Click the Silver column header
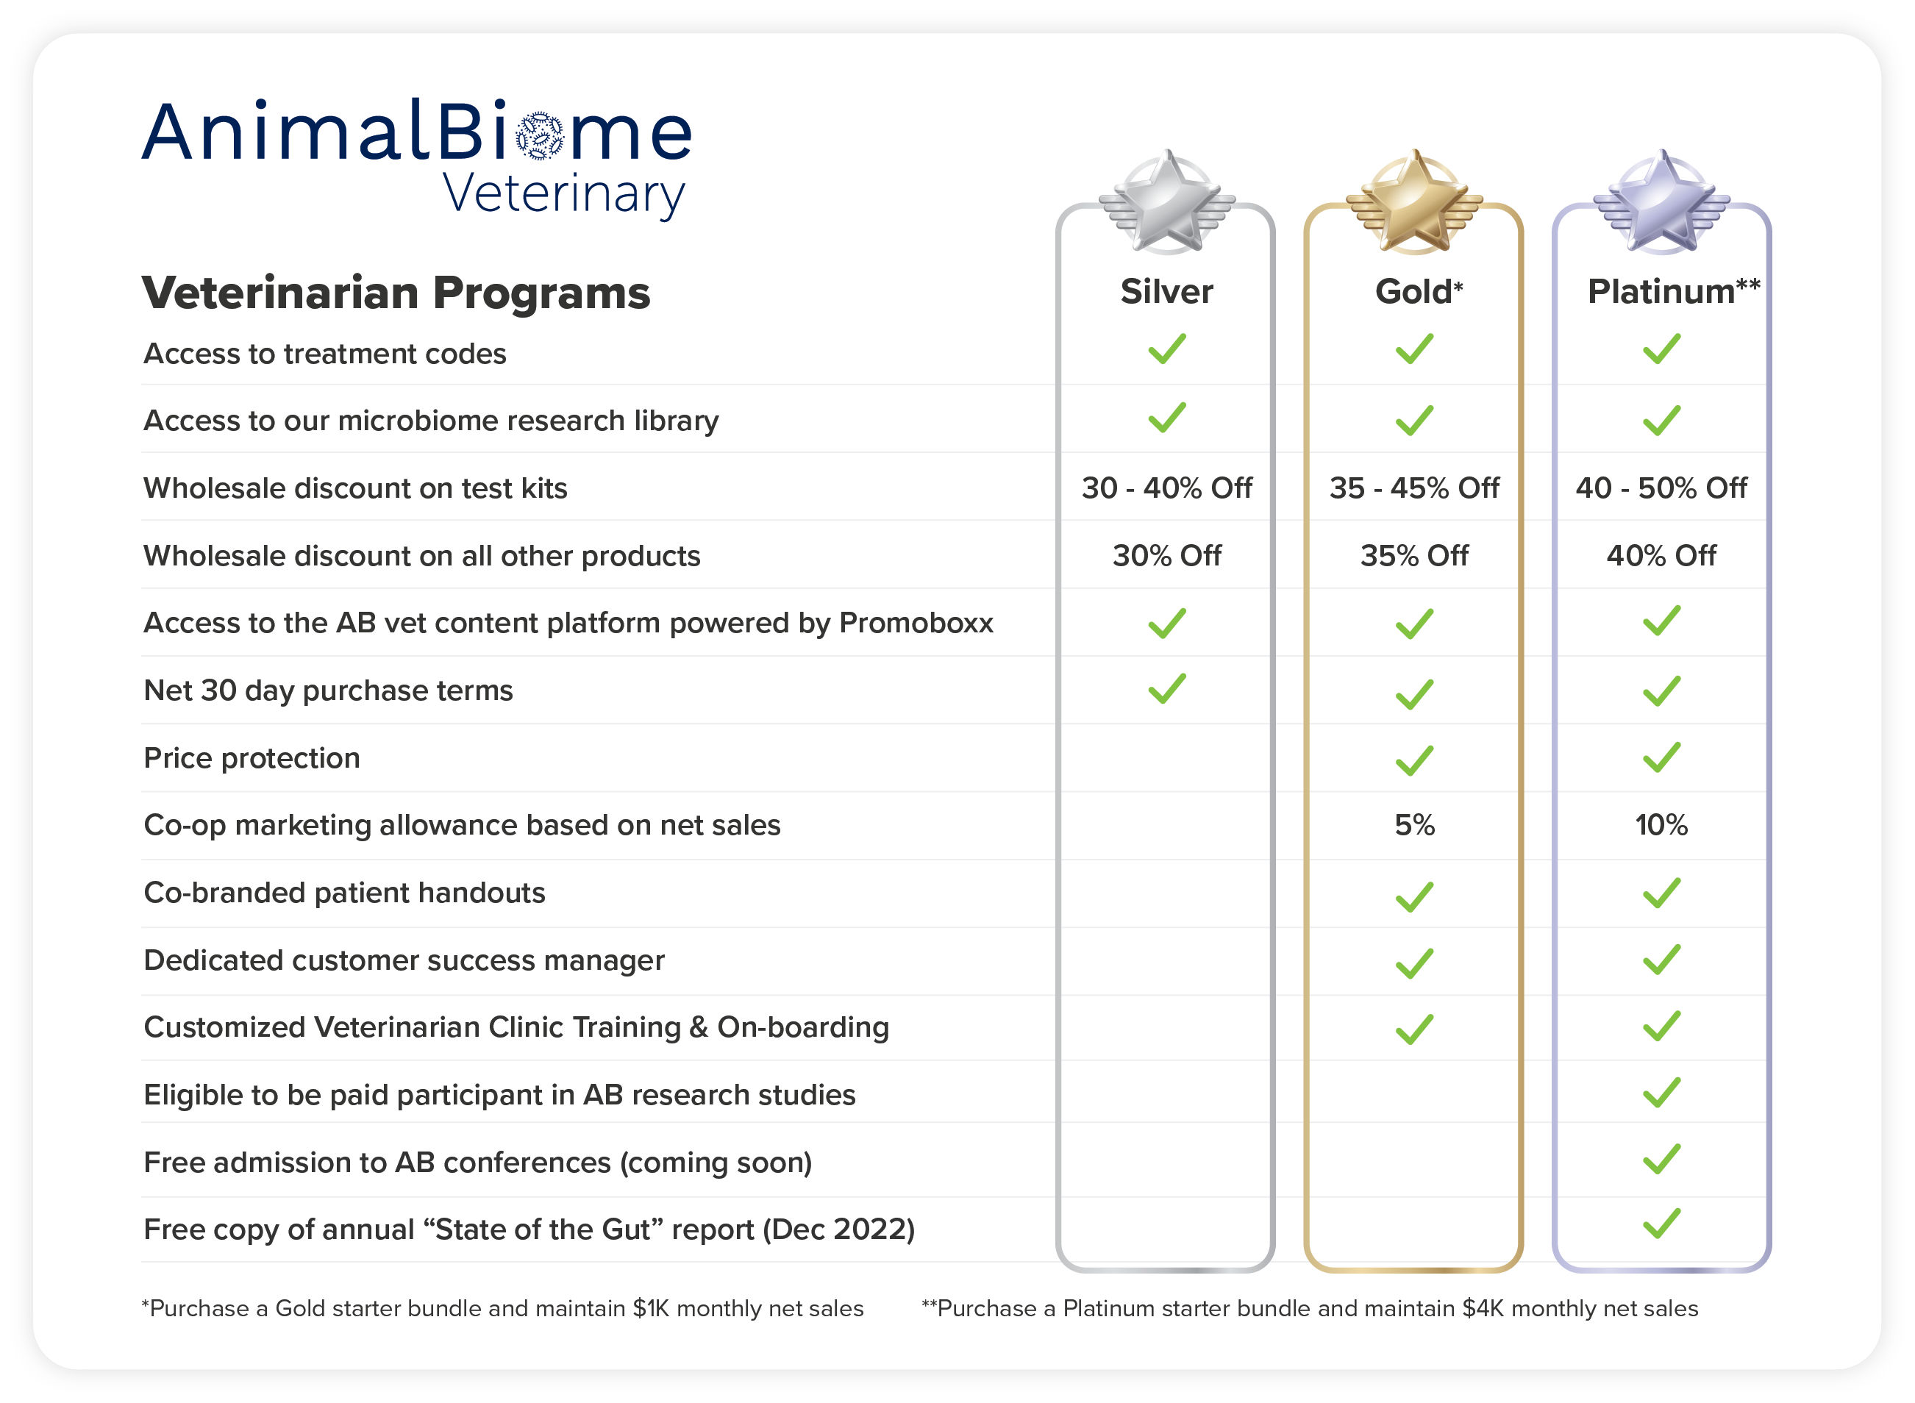point(1167,291)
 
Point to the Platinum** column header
point(1674,291)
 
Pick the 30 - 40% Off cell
point(1167,488)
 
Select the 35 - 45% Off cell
point(1414,488)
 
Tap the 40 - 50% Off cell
point(1661,488)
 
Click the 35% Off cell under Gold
point(1414,555)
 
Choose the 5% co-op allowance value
point(1414,824)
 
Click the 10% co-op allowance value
point(1661,824)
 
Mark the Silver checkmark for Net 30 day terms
point(1167,689)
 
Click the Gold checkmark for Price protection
point(1414,760)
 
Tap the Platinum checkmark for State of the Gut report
point(1661,1223)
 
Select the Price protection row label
point(252,758)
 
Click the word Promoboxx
point(916,624)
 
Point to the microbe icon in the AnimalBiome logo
point(540,136)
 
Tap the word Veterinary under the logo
point(564,194)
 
